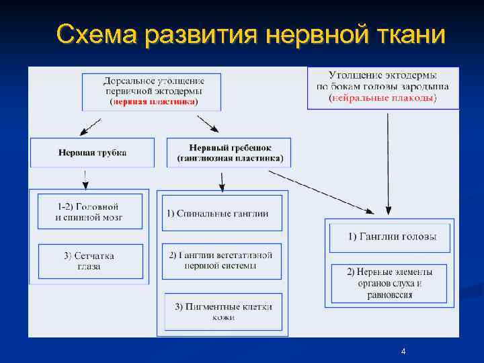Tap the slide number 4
coord(403,352)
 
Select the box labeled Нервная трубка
coord(92,153)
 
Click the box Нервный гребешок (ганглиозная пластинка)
coord(229,153)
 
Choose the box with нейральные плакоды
coord(382,87)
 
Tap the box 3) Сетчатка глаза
coord(90,261)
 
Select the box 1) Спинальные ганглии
coord(222,214)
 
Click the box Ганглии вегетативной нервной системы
coord(222,260)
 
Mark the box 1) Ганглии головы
coord(389,237)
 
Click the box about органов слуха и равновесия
coord(389,283)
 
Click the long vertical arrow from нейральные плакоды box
coord(388,161)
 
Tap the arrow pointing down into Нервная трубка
coord(90,126)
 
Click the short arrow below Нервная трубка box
coord(85,179)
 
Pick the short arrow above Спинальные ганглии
coord(222,179)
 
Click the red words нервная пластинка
coord(154,102)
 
